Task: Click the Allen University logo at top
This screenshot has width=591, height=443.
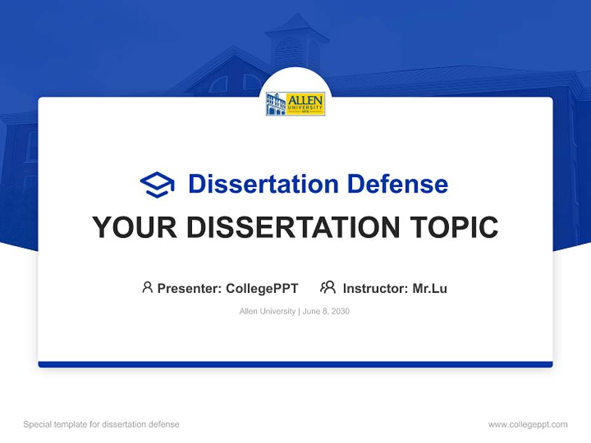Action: [295, 104]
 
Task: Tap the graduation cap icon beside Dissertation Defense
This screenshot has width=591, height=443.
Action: [157, 185]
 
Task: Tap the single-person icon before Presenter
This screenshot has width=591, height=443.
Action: [147, 287]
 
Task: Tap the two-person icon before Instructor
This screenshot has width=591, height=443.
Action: [328, 287]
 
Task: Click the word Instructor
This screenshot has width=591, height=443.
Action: [373, 288]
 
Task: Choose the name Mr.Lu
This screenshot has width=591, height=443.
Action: [430, 288]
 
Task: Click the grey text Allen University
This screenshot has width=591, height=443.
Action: [267, 311]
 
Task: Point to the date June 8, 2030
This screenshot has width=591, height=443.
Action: [326, 311]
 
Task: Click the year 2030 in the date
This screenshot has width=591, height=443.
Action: [340, 311]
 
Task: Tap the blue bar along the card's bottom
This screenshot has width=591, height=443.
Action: [295, 364]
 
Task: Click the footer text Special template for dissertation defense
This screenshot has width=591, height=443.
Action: [101, 425]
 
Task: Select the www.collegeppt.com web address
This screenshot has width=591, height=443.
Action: [528, 425]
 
